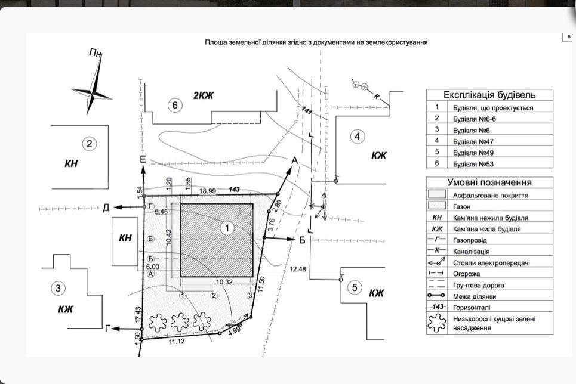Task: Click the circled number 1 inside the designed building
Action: point(227,228)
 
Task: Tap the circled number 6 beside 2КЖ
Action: point(175,106)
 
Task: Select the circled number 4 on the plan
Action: point(358,137)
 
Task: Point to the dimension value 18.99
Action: point(208,191)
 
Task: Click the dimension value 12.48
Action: point(298,269)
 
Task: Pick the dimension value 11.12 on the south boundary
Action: point(177,342)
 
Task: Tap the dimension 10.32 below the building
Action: point(224,282)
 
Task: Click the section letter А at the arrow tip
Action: point(295,160)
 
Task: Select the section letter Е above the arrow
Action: point(143,159)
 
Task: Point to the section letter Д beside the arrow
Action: point(106,208)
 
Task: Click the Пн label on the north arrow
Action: point(95,53)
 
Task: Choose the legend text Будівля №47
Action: point(473,141)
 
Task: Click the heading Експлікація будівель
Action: point(489,95)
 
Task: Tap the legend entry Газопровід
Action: point(470,240)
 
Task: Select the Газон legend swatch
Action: point(437,205)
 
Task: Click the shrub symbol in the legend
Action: point(436,323)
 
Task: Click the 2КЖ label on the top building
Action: point(204,96)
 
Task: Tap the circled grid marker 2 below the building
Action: point(214,295)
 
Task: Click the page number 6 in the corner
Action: point(569,36)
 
